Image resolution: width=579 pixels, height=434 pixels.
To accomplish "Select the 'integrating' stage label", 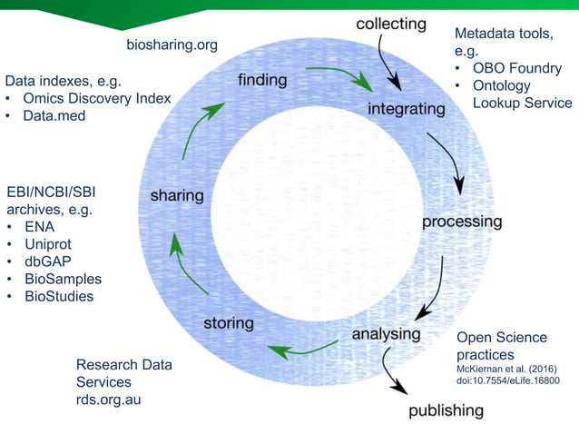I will click(x=407, y=109).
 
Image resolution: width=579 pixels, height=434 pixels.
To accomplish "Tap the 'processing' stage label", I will click(x=461, y=221).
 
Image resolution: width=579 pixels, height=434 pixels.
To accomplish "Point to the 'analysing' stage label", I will click(x=387, y=333).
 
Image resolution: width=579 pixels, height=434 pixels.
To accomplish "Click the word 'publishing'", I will click(x=446, y=410).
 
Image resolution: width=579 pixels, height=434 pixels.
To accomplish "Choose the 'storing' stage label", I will click(x=228, y=322).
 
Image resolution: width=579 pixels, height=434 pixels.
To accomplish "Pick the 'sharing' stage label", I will click(x=176, y=195).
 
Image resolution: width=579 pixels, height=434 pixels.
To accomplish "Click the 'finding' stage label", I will click(x=262, y=80).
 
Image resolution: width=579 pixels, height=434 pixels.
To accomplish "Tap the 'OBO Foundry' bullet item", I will click(x=517, y=69).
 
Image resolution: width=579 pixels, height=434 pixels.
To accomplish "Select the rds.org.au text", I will click(x=111, y=400).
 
